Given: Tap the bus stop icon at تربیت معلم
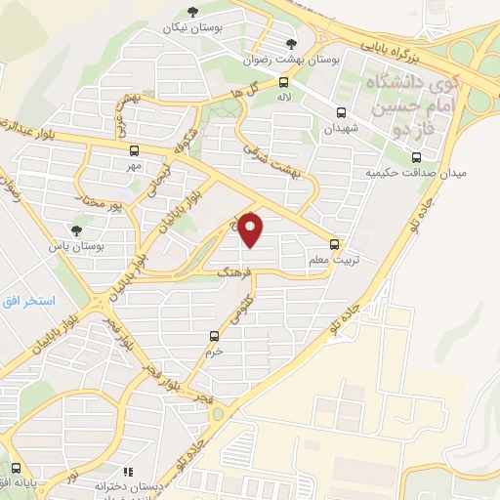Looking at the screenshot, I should pyautogui.click(x=335, y=244).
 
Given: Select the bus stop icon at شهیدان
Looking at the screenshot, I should pyautogui.click(x=341, y=113).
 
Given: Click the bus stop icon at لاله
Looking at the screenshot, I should pyautogui.click(x=283, y=83).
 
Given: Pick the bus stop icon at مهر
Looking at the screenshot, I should pyautogui.click(x=134, y=150).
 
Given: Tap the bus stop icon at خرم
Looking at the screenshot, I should pyautogui.click(x=214, y=336).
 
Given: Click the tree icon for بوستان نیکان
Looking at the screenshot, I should pyautogui.click(x=190, y=12).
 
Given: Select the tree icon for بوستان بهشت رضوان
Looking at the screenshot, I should pyautogui.click(x=291, y=43).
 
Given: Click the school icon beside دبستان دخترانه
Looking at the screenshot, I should pyautogui.click(x=127, y=472).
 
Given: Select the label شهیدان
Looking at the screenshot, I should pyautogui.click(x=343, y=128).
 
